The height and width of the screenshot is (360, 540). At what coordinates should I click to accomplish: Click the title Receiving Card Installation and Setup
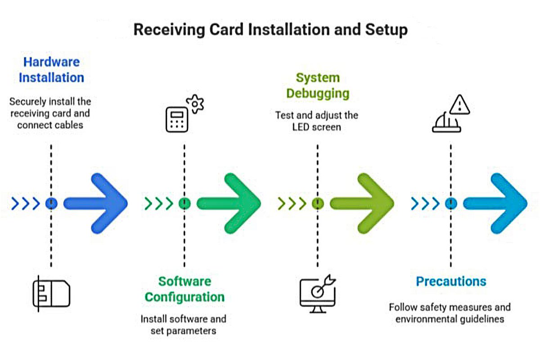(x=270, y=30)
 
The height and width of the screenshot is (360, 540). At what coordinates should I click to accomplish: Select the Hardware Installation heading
(x=51, y=70)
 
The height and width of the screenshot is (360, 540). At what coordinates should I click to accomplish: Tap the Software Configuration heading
(x=184, y=289)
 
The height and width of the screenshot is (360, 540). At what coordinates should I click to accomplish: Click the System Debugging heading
(x=318, y=85)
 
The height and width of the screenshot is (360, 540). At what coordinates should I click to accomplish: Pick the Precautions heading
(x=451, y=282)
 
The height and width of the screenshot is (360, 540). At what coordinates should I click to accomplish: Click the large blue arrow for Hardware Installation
(x=97, y=204)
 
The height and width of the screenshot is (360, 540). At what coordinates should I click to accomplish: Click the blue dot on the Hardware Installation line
(x=51, y=204)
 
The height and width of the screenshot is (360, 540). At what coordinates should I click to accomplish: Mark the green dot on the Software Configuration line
(x=184, y=204)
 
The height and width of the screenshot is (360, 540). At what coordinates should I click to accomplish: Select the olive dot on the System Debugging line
(x=318, y=204)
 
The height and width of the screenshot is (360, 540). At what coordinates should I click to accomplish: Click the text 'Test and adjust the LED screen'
(x=317, y=121)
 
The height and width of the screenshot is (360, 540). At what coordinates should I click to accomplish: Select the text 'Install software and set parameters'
(x=184, y=325)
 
